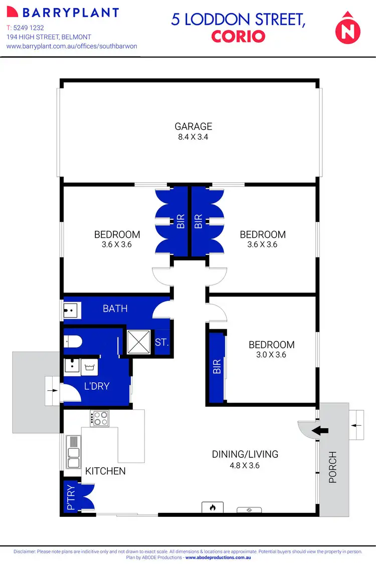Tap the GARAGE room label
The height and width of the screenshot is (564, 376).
(193, 126)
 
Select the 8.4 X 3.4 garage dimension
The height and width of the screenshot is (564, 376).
(193, 136)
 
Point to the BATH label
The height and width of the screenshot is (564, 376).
(115, 309)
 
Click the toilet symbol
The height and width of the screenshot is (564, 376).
(73, 342)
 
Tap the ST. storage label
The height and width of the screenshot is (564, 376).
(161, 344)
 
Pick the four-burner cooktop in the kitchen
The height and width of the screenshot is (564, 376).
(99, 418)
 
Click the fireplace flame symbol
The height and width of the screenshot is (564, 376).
(212, 507)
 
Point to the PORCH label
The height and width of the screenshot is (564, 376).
(332, 467)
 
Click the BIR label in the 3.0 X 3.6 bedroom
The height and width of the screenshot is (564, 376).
(217, 368)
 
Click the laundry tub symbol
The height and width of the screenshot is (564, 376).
(91, 367)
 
